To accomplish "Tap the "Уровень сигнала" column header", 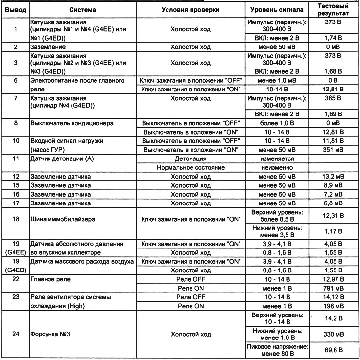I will pyautogui.click(x=277, y=10).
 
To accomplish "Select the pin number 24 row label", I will pyautogui.click(x=15, y=335).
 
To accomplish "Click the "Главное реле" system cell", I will pyautogui.click(x=50, y=280).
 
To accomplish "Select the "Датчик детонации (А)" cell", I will pyautogui.click(x=61, y=158).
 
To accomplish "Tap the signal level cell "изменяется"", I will pyautogui.click(x=277, y=158).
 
